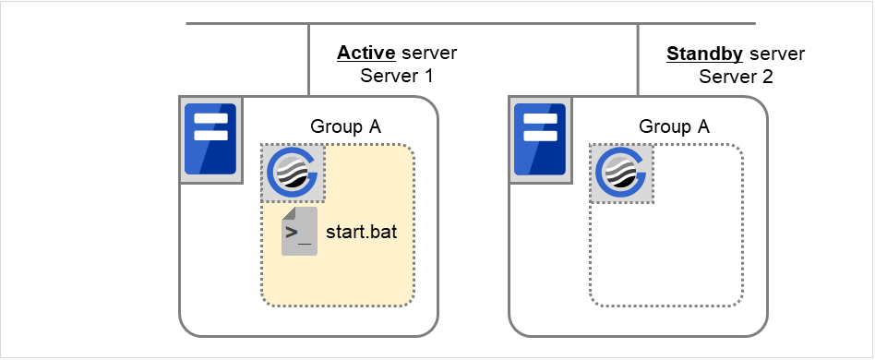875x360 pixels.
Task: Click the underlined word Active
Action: [x=366, y=54]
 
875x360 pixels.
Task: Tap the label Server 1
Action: [x=396, y=76]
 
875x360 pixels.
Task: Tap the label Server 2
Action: [x=736, y=77]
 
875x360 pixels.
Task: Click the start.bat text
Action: [x=361, y=231]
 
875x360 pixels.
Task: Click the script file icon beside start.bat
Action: [x=299, y=232]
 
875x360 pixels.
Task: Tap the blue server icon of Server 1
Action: [x=210, y=138]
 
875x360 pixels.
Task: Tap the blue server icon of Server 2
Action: [x=541, y=138]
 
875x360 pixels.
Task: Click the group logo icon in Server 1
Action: [x=293, y=173]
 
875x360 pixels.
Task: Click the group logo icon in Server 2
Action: [x=621, y=173]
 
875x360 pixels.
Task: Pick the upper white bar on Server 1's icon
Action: [x=210, y=118]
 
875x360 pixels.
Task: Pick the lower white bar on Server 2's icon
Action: [x=541, y=135]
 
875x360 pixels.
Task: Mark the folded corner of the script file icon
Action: [x=287, y=213]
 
